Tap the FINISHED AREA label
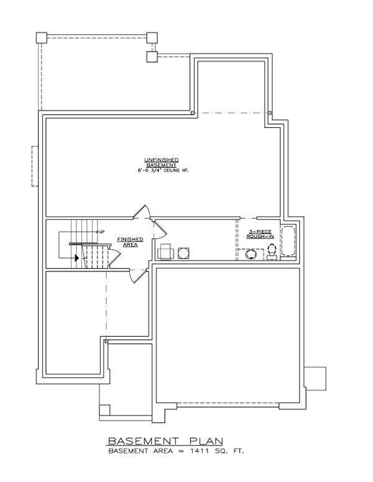tap(131, 241)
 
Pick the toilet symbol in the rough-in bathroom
tap(272, 251)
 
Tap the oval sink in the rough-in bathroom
tap(252, 254)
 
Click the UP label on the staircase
tap(100, 231)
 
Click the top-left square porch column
tap(41, 37)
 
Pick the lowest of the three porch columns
tap(151, 58)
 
